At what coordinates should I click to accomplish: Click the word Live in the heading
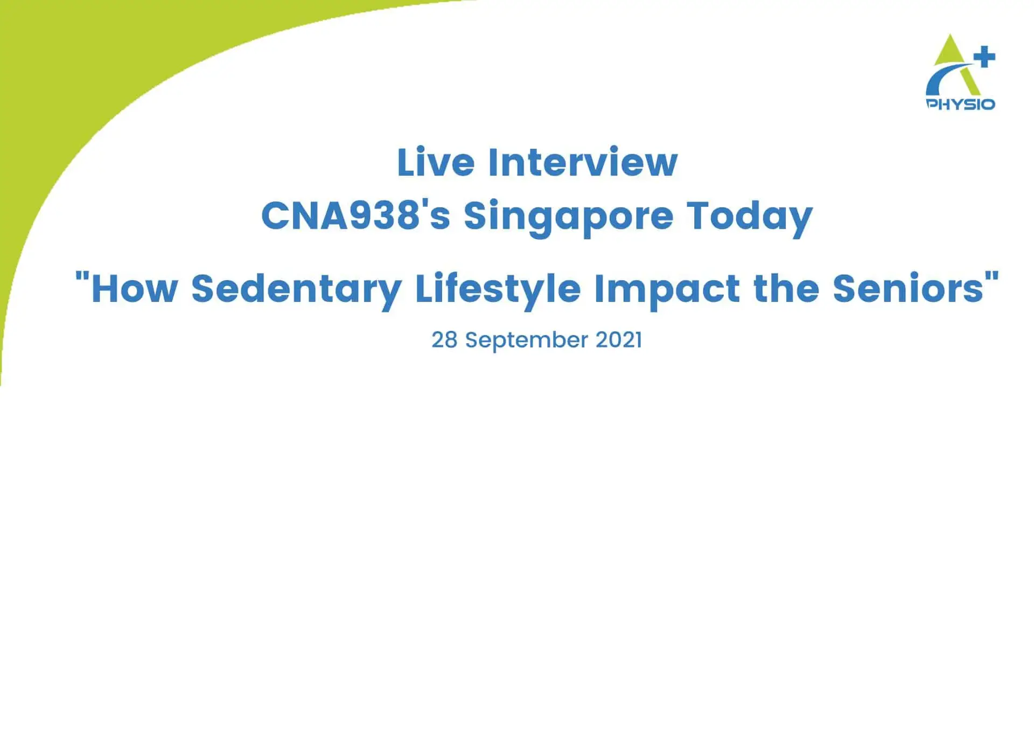435,162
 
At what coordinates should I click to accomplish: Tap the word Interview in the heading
582,162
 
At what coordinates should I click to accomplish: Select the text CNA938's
355,216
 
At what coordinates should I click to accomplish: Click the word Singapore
568,216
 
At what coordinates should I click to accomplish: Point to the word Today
749,216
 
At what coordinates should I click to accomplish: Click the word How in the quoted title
134,289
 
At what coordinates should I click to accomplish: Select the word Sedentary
296,289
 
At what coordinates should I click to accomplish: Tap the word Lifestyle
498,289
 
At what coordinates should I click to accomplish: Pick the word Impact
667,289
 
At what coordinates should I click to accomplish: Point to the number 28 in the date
444,340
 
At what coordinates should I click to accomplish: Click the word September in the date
526,340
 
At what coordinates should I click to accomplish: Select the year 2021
618,340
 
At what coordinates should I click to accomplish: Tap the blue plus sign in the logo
984,57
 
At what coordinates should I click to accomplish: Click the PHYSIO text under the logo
960,104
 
